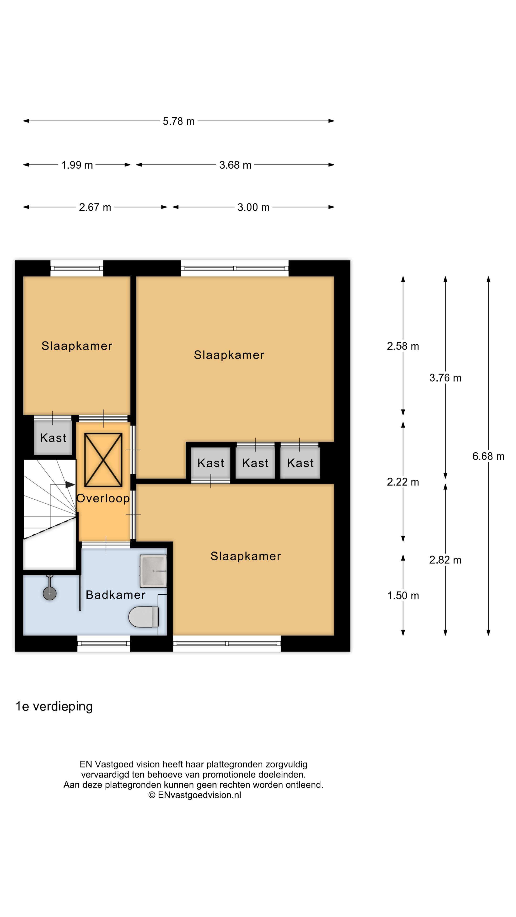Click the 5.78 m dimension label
point(178,121)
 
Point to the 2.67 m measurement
point(95,207)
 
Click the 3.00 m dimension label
point(253,207)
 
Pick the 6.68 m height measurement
point(488,456)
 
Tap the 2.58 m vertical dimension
point(403,346)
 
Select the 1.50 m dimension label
point(403,596)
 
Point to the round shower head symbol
point(49,593)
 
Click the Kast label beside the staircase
point(53,438)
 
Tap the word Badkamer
point(116,595)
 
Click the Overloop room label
point(103,498)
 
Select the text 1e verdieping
point(54,706)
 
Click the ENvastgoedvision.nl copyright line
point(194,795)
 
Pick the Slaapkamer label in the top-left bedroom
point(77,346)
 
